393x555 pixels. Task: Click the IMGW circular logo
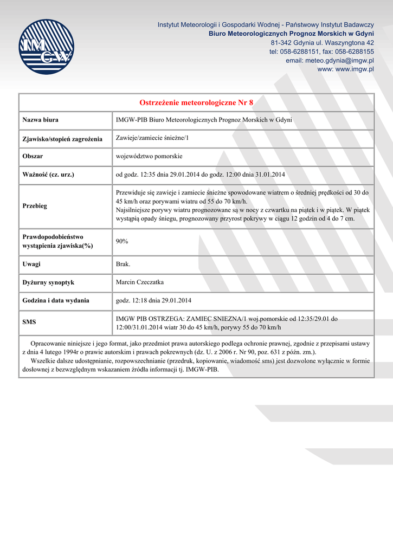point(46,47)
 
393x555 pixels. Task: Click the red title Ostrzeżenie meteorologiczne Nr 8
point(196,102)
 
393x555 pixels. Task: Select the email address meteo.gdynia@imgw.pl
point(330,61)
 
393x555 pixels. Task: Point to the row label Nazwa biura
point(40,120)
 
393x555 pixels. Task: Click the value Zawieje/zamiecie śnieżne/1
point(152,138)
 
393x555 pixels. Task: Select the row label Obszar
point(33,156)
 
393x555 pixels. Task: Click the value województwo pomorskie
point(149,156)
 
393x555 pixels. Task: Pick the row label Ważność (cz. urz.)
point(48,175)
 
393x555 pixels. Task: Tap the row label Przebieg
point(35,206)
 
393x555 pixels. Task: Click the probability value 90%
point(122,241)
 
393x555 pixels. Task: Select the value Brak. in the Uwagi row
point(123,264)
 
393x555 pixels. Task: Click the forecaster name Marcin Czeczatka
point(140,282)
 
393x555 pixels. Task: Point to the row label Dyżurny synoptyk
point(48,282)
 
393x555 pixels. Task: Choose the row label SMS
point(29,322)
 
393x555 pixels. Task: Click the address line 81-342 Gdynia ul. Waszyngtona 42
point(322,42)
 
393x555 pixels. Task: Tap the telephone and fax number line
point(321,51)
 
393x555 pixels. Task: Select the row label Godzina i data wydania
point(56,300)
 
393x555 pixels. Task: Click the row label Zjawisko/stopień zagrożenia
point(62,139)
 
